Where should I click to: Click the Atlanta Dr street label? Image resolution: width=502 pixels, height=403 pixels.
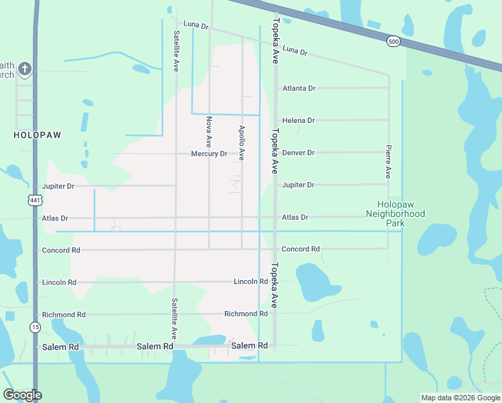pos(299,88)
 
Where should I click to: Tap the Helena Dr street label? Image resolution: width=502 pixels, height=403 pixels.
pos(299,120)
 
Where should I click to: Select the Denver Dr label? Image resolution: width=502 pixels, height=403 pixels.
pos(299,152)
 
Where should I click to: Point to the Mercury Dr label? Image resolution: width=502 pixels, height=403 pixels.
pos(209,154)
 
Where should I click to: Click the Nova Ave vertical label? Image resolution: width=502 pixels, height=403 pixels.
pos(209,132)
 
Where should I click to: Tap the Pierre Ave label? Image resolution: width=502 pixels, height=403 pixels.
pos(388,161)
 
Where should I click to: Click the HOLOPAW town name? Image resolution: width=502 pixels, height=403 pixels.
pos(37,135)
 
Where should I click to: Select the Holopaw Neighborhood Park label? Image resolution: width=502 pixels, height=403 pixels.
pos(395,209)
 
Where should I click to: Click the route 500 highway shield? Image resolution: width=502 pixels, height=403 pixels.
pos(393,42)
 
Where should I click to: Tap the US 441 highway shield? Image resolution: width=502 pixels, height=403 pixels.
pos(35,199)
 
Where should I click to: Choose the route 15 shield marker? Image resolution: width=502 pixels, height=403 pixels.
pos(34,327)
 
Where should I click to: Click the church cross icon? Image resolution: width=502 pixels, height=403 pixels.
pos(25,69)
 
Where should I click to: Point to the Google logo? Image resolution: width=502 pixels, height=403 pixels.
pos(22,395)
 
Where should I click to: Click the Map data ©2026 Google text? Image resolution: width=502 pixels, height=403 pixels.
pos(460,397)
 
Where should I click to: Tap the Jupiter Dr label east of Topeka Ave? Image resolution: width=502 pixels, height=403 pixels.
pos(299,185)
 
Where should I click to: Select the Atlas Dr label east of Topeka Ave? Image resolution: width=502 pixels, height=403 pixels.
pos(295,218)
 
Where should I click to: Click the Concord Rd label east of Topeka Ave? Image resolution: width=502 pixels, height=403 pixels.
pos(300,249)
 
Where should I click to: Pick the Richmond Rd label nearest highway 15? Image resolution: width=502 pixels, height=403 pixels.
pos(64,314)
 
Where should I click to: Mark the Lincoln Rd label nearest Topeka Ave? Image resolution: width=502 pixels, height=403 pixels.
pos(250,281)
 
